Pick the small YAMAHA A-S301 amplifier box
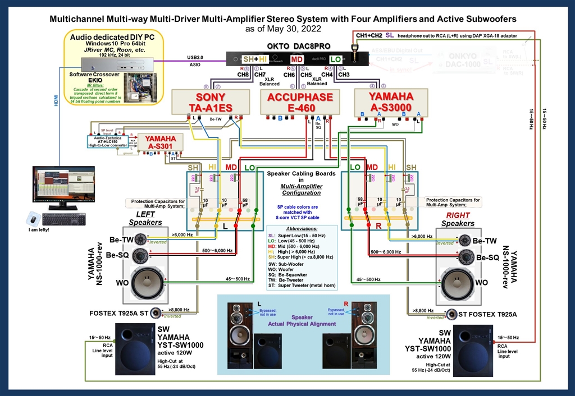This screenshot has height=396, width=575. [160, 142]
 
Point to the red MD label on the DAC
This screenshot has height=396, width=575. [297, 59]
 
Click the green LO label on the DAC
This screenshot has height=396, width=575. [335, 59]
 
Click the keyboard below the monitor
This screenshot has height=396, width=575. [63, 219]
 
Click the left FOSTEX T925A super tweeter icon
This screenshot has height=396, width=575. [154, 312]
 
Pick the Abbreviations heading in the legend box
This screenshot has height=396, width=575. [301, 229]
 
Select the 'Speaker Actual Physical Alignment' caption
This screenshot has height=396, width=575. [302, 320]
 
